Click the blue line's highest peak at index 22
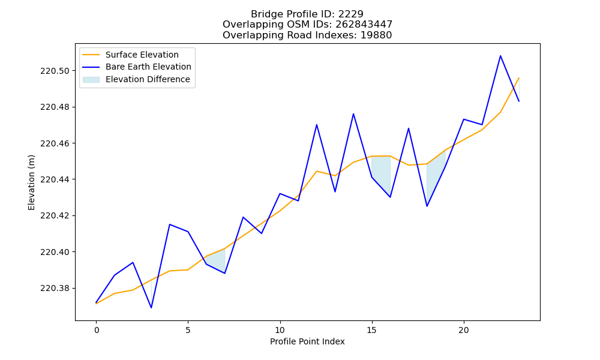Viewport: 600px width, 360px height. point(500,56)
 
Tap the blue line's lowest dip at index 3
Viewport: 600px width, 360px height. point(151,308)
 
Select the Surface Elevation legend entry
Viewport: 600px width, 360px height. point(130,55)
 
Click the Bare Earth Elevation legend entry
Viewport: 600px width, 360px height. point(137,67)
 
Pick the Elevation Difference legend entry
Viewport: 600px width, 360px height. point(136,79)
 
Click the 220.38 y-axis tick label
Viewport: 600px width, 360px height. point(56,288)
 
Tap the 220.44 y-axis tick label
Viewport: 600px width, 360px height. point(56,179)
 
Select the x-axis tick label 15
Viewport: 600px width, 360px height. point(371,330)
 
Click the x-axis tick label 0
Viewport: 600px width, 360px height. point(97,330)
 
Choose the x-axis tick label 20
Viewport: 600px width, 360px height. point(464,330)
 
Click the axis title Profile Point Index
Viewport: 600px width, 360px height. point(307,341)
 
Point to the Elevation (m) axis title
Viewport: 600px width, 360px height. point(31,182)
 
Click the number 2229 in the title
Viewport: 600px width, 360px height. point(350,14)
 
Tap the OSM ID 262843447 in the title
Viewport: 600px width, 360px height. point(364,25)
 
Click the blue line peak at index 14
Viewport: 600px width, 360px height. point(353,113)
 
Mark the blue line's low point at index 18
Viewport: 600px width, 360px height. point(427,206)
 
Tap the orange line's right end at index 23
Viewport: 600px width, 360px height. point(519,78)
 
